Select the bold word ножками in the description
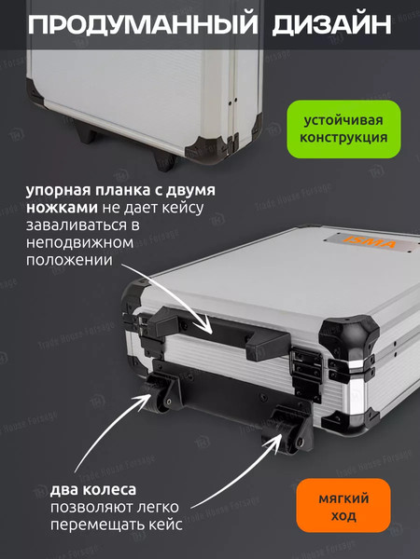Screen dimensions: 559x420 pyautogui.click(x=59, y=209)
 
